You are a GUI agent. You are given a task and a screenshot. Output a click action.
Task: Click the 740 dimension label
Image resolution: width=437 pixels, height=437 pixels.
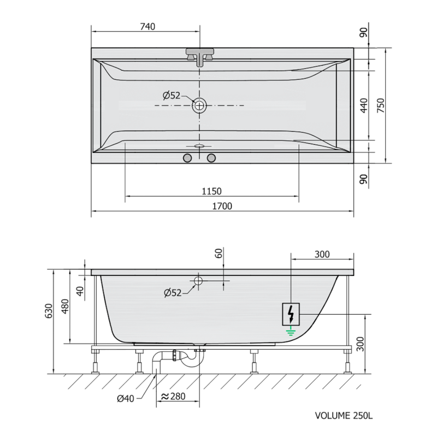[x=147, y=27]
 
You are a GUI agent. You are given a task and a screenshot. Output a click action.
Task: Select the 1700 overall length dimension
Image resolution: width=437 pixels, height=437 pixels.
[x=222, y=206]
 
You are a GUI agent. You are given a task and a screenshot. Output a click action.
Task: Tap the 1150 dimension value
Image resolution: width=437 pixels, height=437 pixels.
[x=211, y=192]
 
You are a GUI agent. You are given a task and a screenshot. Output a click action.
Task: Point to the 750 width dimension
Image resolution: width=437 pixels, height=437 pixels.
[x=381, y=105]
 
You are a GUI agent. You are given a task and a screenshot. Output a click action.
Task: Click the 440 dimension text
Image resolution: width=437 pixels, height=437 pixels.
[x=364, y=105]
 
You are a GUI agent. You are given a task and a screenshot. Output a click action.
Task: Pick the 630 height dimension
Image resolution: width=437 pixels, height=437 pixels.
[x=48, y=311]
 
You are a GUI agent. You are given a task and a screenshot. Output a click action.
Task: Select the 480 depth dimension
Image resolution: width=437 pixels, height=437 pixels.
[x=65, y=306]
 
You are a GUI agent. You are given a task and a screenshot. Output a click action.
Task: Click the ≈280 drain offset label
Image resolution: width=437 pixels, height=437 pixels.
[x=173, y=396]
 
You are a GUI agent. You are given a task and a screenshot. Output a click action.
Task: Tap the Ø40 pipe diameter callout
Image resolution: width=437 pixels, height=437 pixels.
[x=126, y=399]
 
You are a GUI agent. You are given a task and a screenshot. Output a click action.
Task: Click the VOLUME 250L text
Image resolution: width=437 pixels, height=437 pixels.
[x=344, y=416]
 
